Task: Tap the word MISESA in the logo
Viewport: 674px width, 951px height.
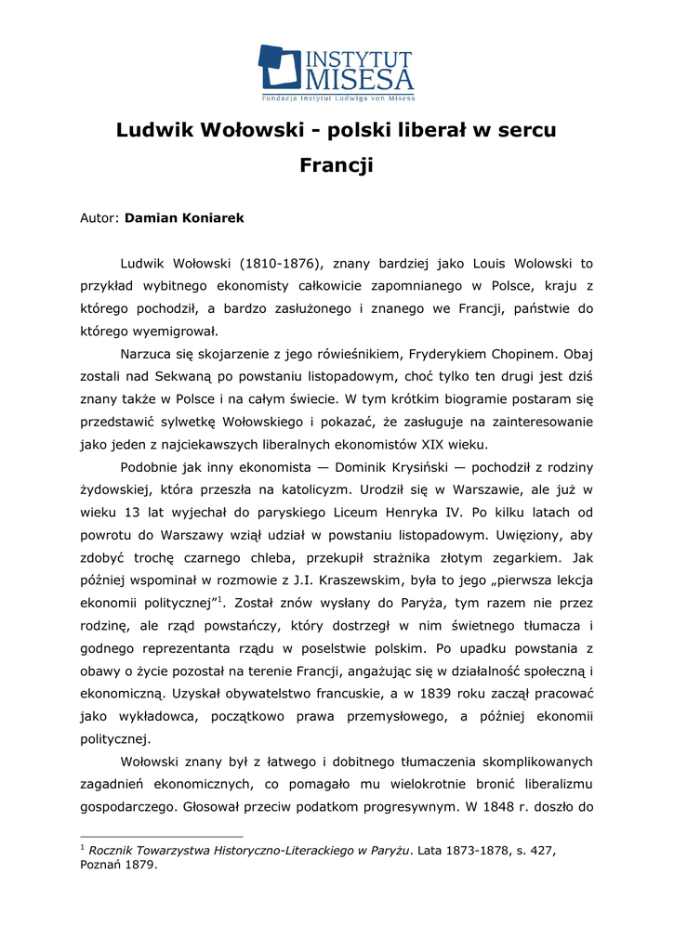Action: coord(359,75)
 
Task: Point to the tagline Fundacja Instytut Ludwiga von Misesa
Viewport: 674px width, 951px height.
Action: coord(337,97)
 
